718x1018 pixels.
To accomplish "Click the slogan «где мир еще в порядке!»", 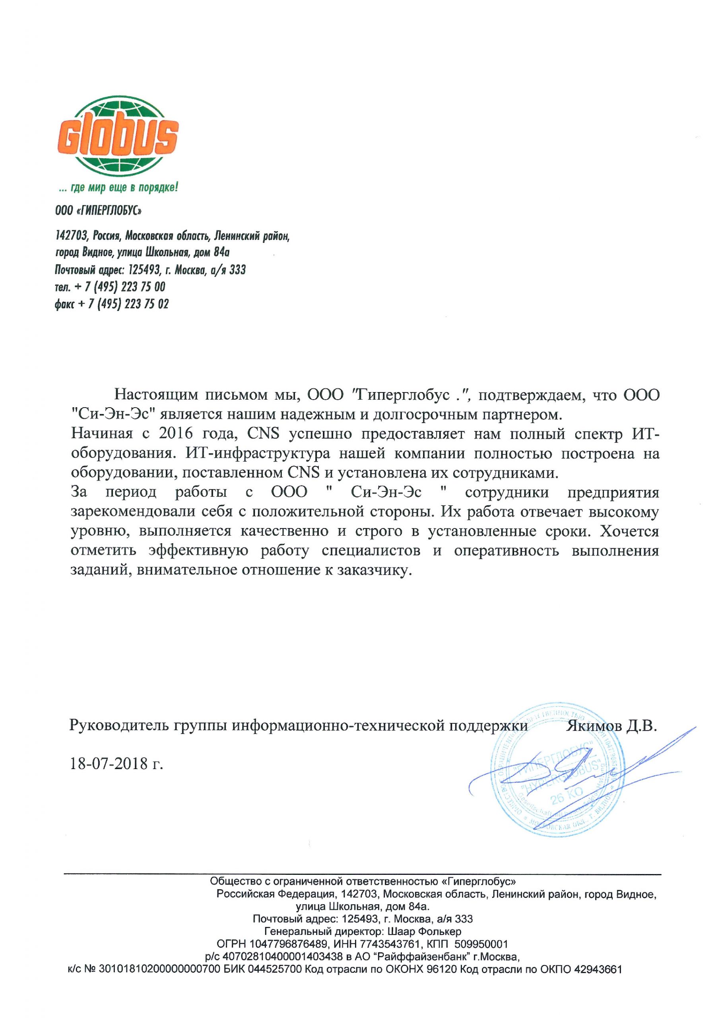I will pos(119,188).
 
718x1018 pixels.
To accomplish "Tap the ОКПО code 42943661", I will pos(598,969).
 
